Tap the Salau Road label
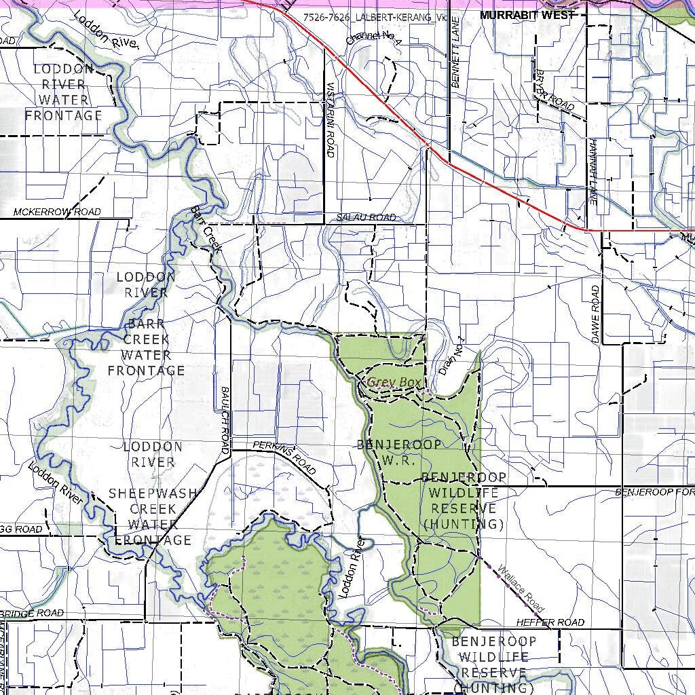click(x=366, y=217)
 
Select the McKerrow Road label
click(x=57, y=212)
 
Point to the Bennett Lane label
click(x=456, y=63)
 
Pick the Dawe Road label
click(x=596, y=314)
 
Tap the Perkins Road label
click(x=284, y=457)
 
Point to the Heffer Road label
click(x=550, y=622)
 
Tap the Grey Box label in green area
click(x=394, y=383)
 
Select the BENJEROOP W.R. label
click(x=399, y=452)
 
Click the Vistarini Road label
click(x=331, y=119)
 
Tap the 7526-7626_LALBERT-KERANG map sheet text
click(x=376, y=17)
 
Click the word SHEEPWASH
click(x=153, y=493)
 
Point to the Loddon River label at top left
click(x=105, y=31)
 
